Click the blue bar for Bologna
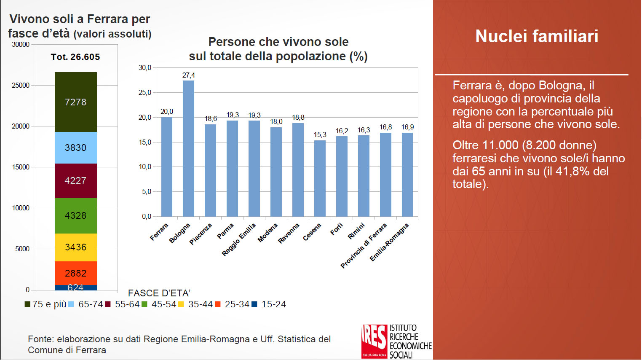click(188, 148)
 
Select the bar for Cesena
click(320, 178)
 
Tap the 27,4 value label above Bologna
click(188, 75)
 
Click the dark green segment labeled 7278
click(76, 102)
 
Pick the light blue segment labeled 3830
click(76, 148)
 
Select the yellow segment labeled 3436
click(76, 247)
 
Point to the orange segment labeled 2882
click(76, 273)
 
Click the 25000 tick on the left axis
click(21, 85)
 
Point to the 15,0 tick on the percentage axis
click(145, 142)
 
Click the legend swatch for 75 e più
click(27, 304)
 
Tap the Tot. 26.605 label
click(75, 57)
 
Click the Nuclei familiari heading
click(537, 36)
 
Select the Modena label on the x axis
click(268, 233)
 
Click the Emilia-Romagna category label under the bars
click(389, 242)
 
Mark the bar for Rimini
click(364, 176)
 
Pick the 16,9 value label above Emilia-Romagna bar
click(407, 127)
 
